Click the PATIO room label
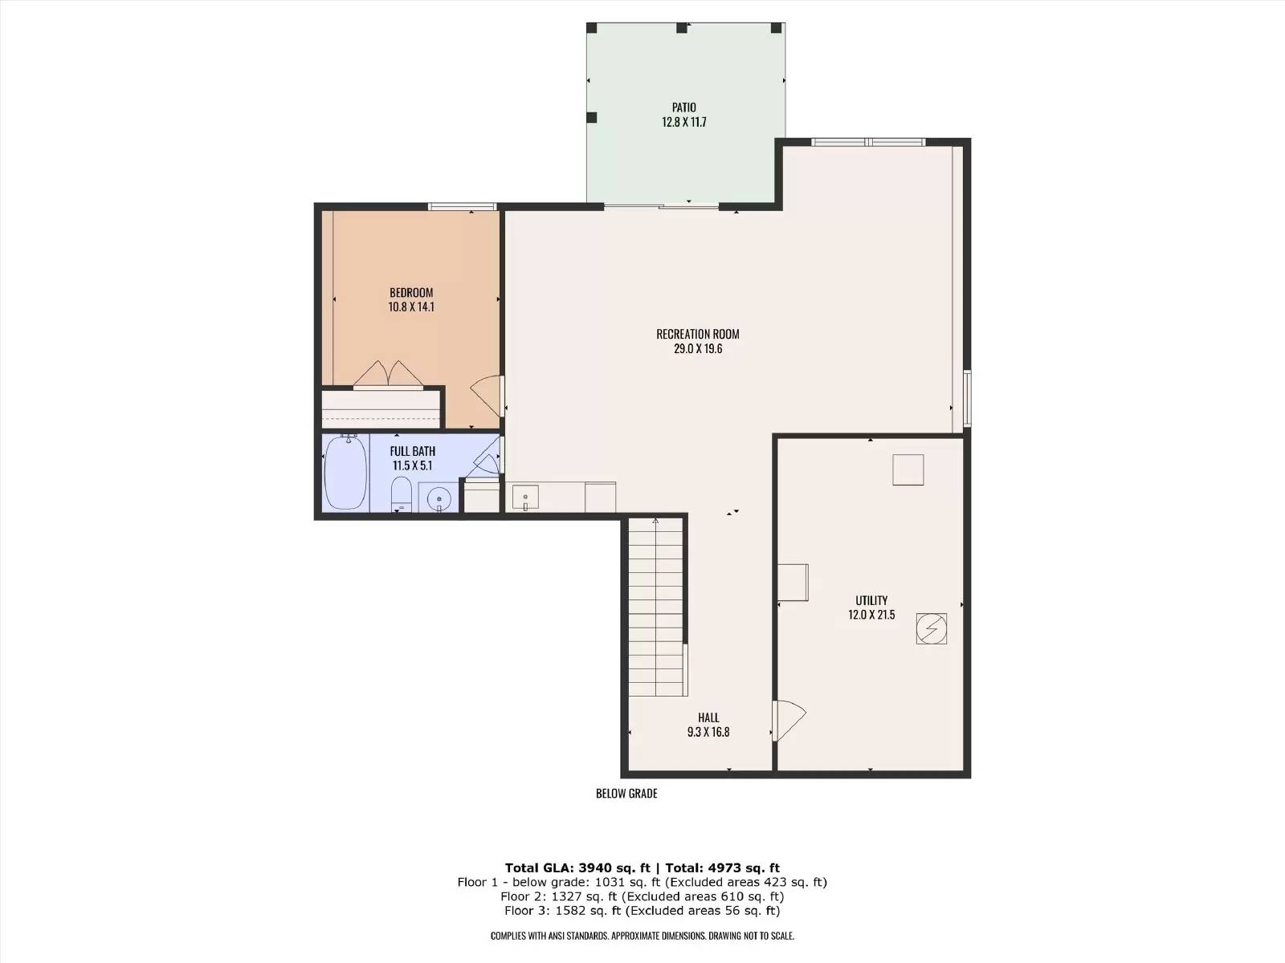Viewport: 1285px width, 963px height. [683, 108]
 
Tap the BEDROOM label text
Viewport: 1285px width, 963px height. [411, 292]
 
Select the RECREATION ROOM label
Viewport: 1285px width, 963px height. [697, 334]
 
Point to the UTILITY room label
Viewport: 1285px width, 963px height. [871, 600]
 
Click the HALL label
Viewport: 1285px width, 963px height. [708, 717]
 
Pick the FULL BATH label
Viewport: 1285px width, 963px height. [412, 451]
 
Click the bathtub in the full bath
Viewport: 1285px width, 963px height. [345, 472]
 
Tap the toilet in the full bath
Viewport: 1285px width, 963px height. [401, 494]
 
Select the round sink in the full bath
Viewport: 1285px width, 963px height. [439, 499]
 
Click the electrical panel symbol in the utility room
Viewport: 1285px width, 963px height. [931, 628]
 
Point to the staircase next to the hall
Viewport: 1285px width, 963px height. [655, 607]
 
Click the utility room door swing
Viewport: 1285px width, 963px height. [789, 721]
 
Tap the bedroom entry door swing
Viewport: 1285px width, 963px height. [487, 396]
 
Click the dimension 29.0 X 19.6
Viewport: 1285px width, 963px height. [697, 348]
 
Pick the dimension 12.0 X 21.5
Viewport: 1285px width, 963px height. [871, 615]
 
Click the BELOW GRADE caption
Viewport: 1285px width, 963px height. [626, 794]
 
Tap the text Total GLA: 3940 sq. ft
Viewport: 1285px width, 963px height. [577, 868]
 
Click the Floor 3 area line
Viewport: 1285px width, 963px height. [642, 910]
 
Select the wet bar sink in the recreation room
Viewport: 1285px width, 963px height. [525, 497]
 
